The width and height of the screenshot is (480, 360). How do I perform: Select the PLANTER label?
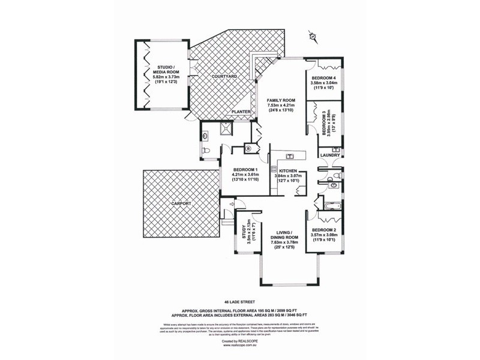241,112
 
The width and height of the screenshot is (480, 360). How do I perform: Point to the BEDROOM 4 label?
325,82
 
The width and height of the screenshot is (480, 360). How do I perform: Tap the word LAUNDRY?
331,155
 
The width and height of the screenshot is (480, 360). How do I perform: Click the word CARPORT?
181,204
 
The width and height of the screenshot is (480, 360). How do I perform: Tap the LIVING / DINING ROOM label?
284,238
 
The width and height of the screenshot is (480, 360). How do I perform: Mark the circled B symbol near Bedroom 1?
248,149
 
